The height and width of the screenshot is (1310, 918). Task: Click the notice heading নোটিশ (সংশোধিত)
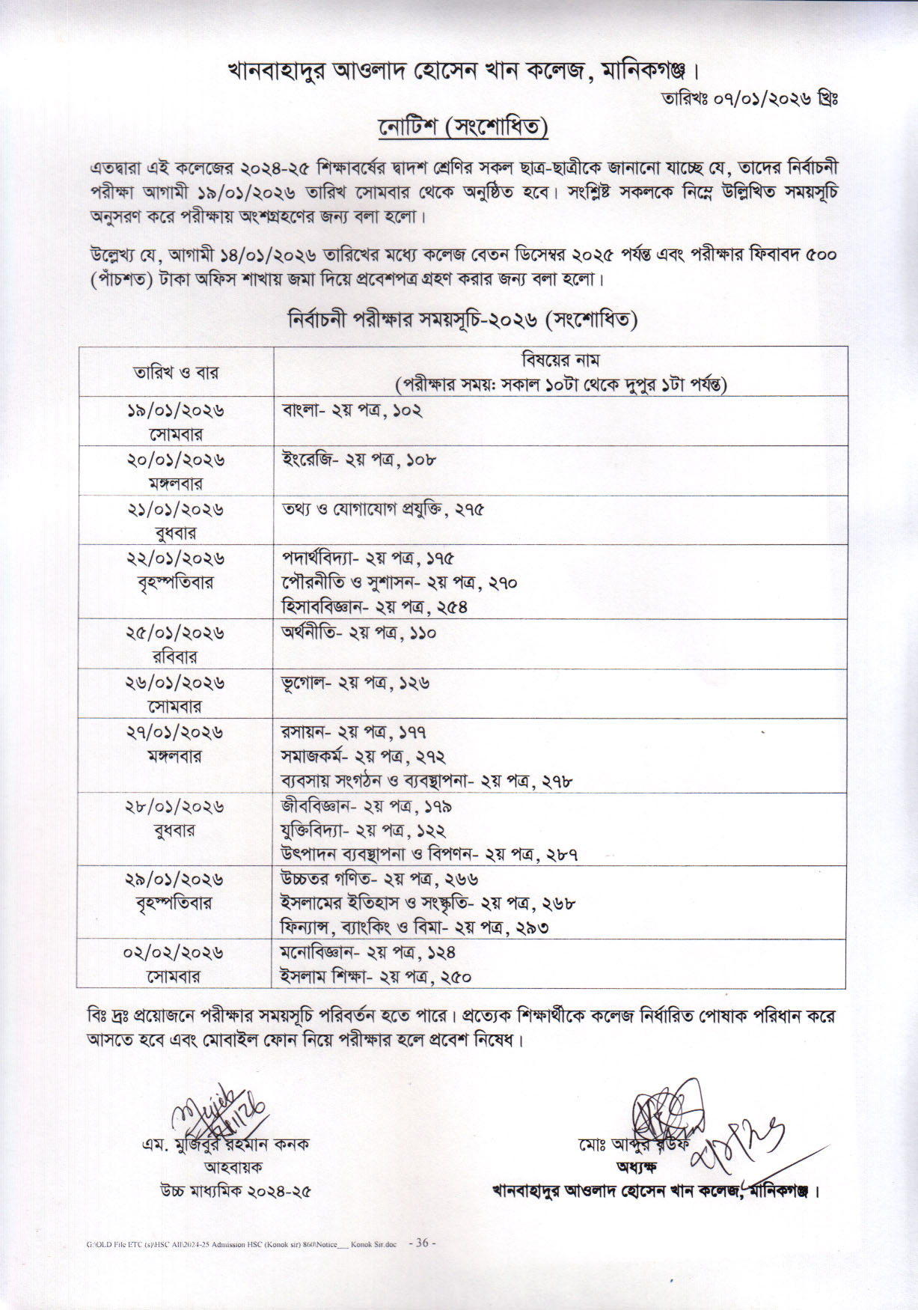(x=463, y=128)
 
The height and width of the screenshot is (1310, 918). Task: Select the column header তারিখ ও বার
(x=176, y=372)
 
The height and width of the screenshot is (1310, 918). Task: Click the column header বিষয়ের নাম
(x=561, y=361)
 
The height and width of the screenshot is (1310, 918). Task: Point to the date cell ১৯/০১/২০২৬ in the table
(x=176, y=411)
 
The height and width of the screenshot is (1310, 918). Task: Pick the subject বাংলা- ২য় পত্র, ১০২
(x=352, y=411)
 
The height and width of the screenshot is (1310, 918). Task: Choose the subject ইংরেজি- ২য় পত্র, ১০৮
(x=358, y=460)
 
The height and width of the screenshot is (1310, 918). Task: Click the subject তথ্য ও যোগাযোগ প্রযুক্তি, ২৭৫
(x=382, y=509)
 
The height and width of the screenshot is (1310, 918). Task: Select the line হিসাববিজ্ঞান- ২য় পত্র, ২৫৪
(x=374, y=606)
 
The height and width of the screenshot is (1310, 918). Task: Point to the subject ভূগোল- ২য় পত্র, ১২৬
(x=355, y=683)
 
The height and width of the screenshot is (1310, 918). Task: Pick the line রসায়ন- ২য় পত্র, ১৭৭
(x=354, y=732)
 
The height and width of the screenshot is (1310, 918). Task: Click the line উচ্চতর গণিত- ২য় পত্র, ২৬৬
(x=379, y=879)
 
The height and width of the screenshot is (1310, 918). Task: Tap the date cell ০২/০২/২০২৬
(x=174, y=953)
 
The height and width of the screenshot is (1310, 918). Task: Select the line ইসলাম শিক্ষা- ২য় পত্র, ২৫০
(x=375, y=977)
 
